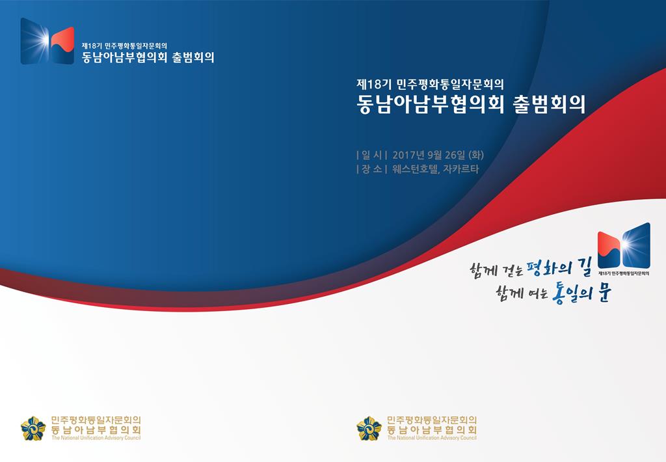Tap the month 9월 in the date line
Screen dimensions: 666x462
tap(434, 155)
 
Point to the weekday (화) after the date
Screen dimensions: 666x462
tap(476, 155)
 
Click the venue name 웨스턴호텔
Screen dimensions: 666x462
tap(415, 169)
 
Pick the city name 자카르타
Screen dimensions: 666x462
tap(461, 169)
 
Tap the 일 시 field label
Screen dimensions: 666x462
tap(371, 155)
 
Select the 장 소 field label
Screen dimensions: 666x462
tap(371, 169)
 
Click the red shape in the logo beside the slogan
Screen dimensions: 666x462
tap(609, 247)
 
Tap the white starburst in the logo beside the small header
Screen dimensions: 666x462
tap(41, 40)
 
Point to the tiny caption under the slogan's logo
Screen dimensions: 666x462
tap(624, 273)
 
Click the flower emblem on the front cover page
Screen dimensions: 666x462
tap(369, 428)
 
